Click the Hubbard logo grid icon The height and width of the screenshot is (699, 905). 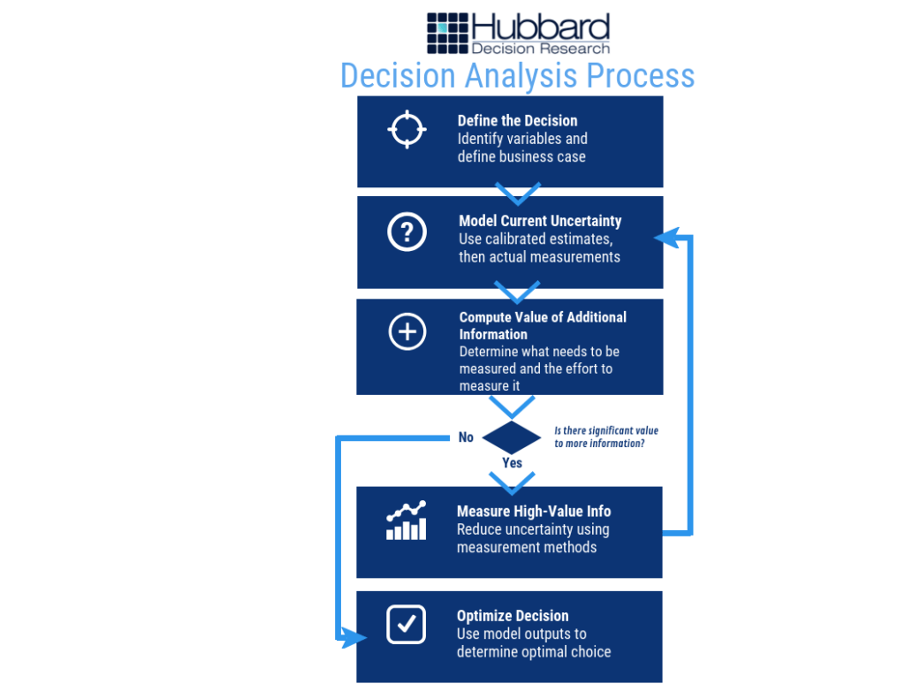tap(447, 34)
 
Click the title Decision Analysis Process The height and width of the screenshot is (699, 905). tap(517, 75)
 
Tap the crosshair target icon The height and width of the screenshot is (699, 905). tap(407, 130)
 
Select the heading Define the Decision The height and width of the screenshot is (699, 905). tap(517, 121)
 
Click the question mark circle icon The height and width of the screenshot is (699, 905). tap(407, 232)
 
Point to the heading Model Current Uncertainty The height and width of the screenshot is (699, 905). tap(540, 221)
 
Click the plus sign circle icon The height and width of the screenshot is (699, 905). tap(407, 332)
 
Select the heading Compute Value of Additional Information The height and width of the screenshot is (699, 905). tap(542, 325)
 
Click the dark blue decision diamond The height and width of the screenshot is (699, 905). tap(512, 437)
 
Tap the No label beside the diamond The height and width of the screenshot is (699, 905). tap(466, 437)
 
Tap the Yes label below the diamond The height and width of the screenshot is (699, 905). tap(512, 463)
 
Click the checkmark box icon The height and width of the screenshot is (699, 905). tap(407, 624)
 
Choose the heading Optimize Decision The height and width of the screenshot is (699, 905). tap(513, 616)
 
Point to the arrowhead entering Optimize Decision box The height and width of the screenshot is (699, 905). tap(354, 636)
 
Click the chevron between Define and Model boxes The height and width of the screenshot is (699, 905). tap(517, 193)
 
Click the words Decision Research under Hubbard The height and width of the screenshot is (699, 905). tap(540, 48)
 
